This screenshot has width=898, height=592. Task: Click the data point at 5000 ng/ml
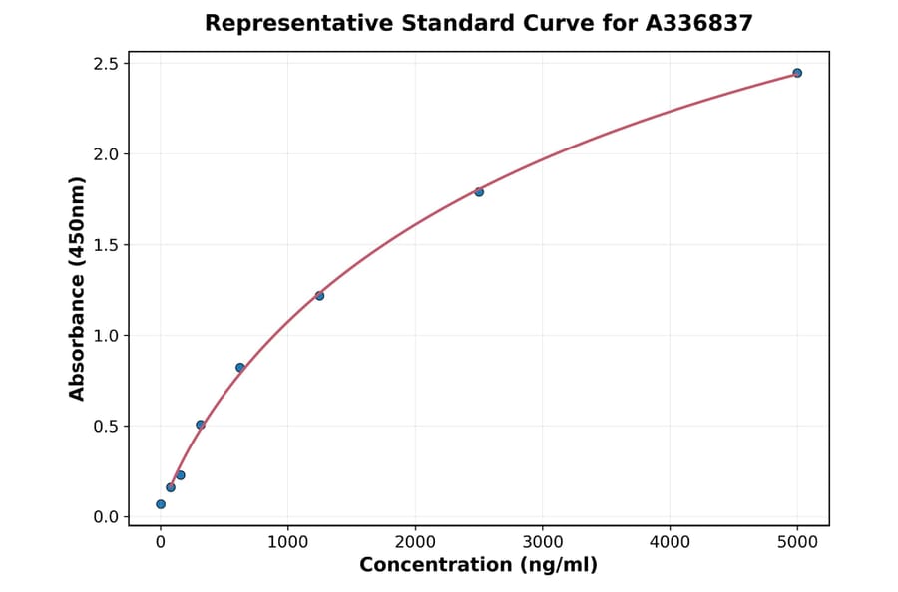[797, 73]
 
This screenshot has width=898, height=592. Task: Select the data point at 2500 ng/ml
[479, 191]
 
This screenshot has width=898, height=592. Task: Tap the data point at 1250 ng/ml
[319, 295]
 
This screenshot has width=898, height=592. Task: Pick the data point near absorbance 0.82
[240, 367]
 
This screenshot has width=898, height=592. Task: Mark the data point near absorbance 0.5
[201, 425]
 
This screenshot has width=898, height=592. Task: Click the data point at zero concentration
[161, 504]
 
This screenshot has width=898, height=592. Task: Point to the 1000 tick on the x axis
[287, 542]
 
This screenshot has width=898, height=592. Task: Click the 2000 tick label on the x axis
[415, 542]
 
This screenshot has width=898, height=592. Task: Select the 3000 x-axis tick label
[542, 542]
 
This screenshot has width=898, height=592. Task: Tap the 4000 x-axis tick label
[670, 542]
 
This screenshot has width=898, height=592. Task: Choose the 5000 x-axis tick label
[797, 542]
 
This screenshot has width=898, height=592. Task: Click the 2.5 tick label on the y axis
[105, 64]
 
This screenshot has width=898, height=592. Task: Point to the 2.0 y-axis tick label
[105, 154]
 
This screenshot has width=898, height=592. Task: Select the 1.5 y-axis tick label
[105, 245]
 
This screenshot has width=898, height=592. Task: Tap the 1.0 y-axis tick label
[105, 336]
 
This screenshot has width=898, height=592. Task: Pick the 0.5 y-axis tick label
[105, 427]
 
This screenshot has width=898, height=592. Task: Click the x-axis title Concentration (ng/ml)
[478, 566]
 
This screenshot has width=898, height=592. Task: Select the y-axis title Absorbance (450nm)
[78, 289]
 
